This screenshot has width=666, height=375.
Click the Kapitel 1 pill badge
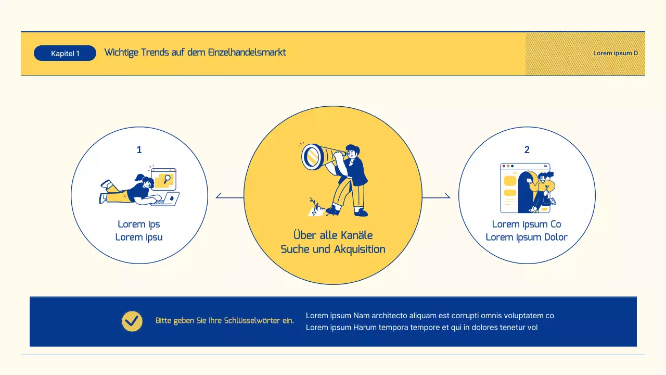point(65,53)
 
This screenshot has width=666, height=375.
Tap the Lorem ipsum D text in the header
point(616,53)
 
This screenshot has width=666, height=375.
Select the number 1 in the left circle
point(139,150)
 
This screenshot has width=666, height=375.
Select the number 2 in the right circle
point(527,150)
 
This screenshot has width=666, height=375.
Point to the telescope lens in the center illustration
point(312,156)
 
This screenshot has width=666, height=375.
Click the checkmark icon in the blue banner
point(132,321)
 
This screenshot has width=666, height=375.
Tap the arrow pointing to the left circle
point(219,196)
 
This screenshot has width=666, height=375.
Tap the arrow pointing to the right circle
point(447,196)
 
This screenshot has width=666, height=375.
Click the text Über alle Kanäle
point(333,235)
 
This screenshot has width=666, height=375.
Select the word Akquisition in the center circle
point(360,249)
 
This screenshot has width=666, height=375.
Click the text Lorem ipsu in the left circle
point(139,238)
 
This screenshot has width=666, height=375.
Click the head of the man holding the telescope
point(352,152)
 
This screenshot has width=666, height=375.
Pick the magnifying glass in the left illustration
point(167,179)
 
